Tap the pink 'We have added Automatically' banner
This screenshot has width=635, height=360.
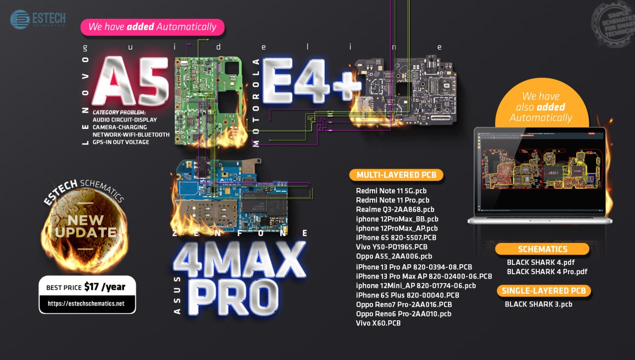(x=152, y=27)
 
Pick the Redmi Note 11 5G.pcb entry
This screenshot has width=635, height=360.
(x=391, y=191)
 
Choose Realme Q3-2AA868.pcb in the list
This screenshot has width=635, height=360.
(x=395, y=209)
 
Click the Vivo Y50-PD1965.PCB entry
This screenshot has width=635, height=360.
(x=391, y=247)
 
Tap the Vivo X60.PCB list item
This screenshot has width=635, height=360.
(x=379, y=323)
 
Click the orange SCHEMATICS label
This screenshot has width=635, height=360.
(x=542, y=249)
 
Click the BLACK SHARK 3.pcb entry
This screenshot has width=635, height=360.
(x=538, y=304)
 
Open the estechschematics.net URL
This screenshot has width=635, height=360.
(x=86, y=303)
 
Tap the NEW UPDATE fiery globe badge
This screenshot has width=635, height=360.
(x=86, y=226)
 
